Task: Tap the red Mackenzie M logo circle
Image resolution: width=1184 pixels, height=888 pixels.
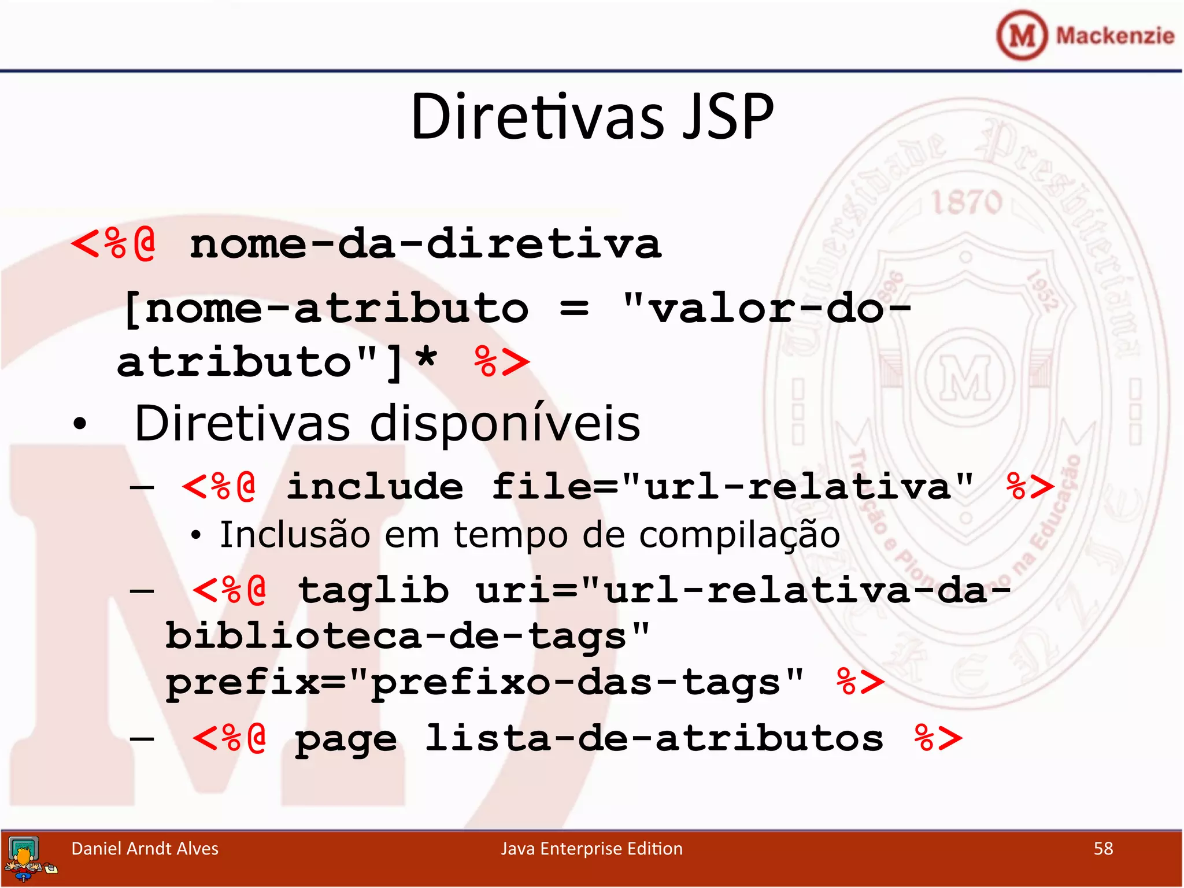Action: (1022, 35)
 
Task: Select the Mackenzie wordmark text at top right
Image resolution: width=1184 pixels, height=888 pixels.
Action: (1115, 36)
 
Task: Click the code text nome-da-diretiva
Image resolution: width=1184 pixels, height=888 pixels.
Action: (425, 244)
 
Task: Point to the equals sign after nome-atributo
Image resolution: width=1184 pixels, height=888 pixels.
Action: (574, 308)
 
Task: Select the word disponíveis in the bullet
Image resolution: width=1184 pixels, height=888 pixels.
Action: (505, 423)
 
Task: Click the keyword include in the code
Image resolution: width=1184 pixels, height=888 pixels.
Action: (375, 486)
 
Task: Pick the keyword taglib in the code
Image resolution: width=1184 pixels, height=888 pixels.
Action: (373, 590)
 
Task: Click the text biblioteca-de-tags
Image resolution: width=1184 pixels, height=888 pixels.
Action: (395, 637)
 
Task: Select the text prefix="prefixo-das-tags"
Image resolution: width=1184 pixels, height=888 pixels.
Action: (484, 682)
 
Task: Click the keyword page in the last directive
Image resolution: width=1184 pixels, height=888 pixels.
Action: (346, 739)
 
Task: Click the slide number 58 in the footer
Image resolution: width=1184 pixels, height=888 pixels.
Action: (1103, 849)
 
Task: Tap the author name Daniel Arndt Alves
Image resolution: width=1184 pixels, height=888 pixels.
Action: (145, 849)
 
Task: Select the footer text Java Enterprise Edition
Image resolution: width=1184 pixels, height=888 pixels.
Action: (591, 849)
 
